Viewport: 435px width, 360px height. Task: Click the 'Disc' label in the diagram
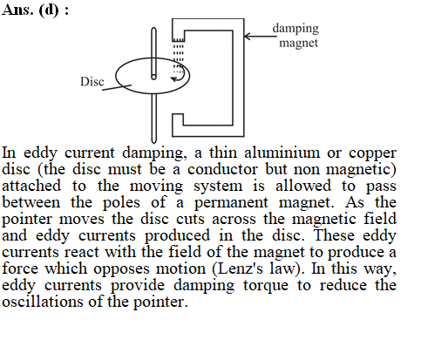(92, 82)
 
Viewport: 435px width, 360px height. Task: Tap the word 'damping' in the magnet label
(296, 29)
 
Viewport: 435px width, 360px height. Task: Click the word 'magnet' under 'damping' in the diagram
(298, 43)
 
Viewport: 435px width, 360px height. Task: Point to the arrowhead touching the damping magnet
(248, 37)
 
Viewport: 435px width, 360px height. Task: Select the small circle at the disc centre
(153, 77)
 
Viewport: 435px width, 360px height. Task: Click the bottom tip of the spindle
(154, 142)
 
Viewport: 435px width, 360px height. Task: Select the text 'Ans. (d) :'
(36, 10)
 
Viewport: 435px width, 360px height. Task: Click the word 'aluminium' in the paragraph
(282, 153)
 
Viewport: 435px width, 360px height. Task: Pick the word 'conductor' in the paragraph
(222, 169)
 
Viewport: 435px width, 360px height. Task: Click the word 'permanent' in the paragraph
(231, 203)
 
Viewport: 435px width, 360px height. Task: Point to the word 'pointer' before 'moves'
(27, 220)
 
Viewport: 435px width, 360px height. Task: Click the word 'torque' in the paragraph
(266, 286)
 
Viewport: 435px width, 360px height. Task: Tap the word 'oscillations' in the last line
(43, 302)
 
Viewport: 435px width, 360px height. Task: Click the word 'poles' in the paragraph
(121, 202)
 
